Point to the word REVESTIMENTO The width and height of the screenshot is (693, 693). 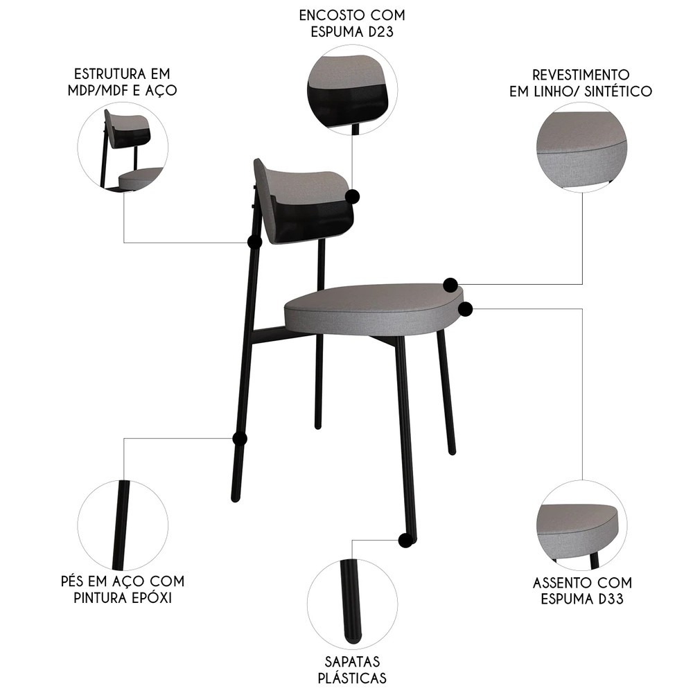click(x=581, y=75)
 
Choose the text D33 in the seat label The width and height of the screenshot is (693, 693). click(x=608, y=599)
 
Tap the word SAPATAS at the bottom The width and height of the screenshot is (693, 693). click(x=351, y=662)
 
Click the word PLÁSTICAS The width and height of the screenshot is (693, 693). click(x=351, y=678)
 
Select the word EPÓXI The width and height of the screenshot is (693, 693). click(x=148, y=597)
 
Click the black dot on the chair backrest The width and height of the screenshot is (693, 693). click(x=354, y=196)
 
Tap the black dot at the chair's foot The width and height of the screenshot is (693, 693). click(x=405, y=540)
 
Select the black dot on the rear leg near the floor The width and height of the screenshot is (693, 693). click(x=240, y=439)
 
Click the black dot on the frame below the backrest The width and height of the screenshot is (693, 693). click(x=254, y=242)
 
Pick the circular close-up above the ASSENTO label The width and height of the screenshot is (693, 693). click(x=581, y=525)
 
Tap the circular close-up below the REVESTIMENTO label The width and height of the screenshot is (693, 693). click(x=581, y=147)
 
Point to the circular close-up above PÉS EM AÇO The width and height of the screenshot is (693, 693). click(x=123, y=525)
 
